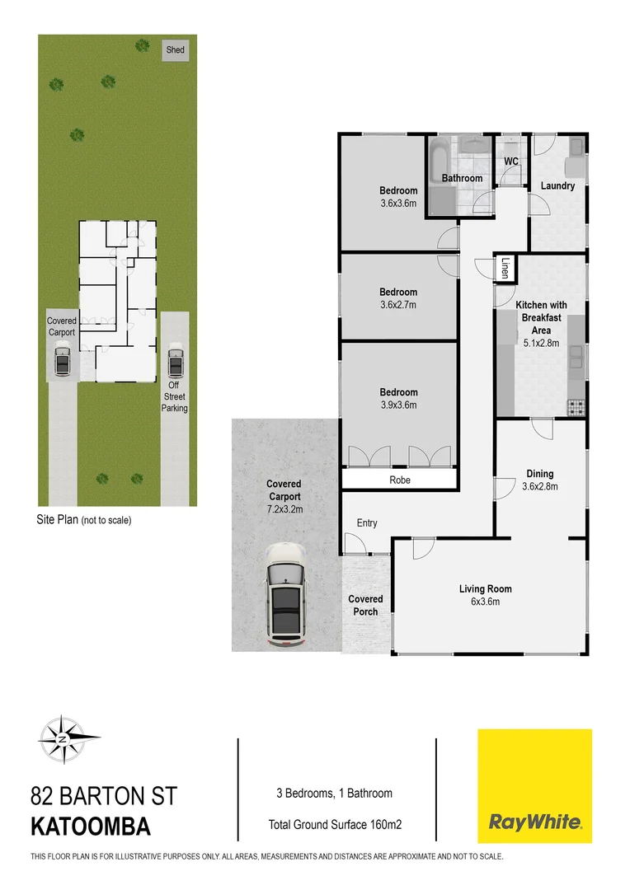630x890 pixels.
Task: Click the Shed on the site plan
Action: pos(175,50)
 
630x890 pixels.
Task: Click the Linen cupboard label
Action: pos(505,268)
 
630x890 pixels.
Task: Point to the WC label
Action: pos(510,162)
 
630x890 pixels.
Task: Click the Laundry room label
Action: pos(557,185)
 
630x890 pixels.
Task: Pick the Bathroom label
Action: pos(462,178)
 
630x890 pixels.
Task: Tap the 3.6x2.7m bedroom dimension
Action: pos(398,304)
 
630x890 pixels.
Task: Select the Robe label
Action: pos(400,480)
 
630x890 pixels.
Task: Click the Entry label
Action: pos(367,523)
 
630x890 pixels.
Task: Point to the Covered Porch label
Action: pos(365,605)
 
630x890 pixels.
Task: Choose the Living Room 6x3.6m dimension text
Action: pos(486,602)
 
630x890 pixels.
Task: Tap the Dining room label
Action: pos(540,474)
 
